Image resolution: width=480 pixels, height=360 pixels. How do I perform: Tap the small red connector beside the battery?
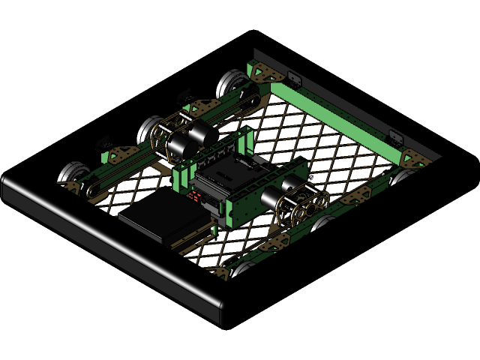(196, 197)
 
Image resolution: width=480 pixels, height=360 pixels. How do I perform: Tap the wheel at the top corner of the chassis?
(232, 82)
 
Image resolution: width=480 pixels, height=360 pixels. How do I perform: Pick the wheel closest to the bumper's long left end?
(71, 175)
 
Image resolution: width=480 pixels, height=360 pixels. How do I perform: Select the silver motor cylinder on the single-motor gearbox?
(273, 199)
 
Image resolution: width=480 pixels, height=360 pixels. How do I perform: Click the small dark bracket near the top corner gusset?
(292, 78)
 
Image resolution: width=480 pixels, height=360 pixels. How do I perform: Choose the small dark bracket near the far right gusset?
(394, 137)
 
